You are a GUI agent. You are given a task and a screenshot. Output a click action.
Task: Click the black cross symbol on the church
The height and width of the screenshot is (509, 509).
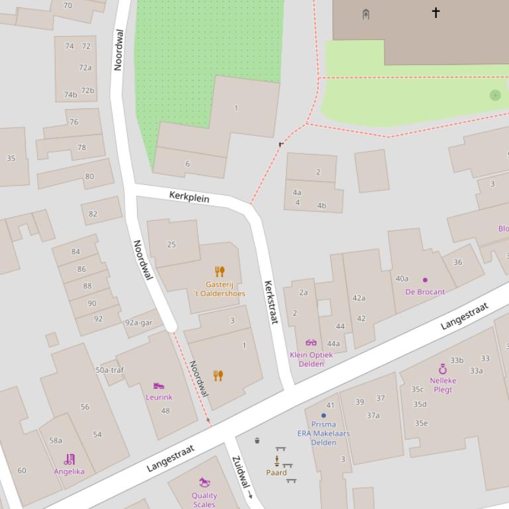pyautogui.click(x=436, y=12)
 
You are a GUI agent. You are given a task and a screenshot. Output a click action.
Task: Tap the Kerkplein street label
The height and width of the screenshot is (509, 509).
pyautogui.click(x=189, y=197)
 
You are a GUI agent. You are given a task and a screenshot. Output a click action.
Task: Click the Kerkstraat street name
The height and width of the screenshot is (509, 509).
pyautogui.click(x=270, y=302)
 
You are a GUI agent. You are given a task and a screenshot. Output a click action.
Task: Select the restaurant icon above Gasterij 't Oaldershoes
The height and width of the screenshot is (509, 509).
pyautogui.click(x=220, y=271)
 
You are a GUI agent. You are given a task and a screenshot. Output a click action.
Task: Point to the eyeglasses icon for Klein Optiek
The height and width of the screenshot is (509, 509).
pyautogui.click(x=311, y=342)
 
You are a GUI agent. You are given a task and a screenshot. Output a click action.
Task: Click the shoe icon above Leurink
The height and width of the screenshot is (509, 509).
pyautogui.click(x=158, y=385)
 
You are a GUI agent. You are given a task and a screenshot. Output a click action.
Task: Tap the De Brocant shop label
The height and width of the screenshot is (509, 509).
pyautogui.click(x=425, y=292)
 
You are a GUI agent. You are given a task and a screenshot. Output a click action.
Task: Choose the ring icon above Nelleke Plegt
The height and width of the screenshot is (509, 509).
pyautogui.click(x=443, y=369)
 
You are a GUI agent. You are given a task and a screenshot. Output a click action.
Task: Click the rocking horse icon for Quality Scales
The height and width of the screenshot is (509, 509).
pyautogui.click(x=205, y=483)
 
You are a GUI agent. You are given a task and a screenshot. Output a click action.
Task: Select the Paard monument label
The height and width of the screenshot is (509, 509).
pyautogui.click(x=276, y=473)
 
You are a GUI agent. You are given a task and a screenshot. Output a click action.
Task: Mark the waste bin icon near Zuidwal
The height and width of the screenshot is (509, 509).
pyautogui.click(x=257, y=440)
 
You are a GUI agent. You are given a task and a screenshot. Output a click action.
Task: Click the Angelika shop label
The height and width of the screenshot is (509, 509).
pyautogui.click(x=69, y=471)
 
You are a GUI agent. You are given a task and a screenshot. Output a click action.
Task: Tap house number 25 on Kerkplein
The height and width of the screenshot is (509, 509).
pyautogui.click(x=171, y=245)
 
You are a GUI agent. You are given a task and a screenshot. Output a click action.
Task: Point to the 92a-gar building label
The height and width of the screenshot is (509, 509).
pyautogui.click(x=138, y=323)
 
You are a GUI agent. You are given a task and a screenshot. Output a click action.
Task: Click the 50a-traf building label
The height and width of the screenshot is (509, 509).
pyautogui.click(x=109, y=370)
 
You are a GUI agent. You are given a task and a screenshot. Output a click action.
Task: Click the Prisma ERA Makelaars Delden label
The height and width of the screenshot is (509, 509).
pyautogui.click(x=324, y=433)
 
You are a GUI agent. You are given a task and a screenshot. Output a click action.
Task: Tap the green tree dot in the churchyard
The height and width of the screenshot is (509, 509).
pyautogui.click(x=495, y=95)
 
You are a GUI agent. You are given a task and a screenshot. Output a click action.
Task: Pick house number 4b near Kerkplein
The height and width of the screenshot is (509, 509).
pyautogui.click(x=322, y=206)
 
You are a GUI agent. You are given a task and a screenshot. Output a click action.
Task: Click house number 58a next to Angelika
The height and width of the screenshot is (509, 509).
pyautogui.click(x=56, y=440)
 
